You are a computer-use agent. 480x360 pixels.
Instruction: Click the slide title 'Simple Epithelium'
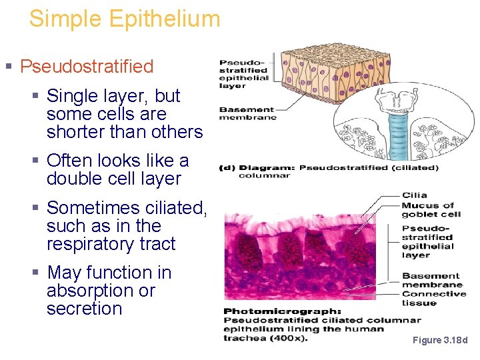124,19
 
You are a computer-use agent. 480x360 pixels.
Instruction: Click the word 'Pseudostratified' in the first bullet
87,67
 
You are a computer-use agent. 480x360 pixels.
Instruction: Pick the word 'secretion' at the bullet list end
85,309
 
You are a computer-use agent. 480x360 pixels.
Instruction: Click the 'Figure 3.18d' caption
439,340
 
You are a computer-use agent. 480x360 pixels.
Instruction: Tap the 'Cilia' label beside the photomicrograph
414,195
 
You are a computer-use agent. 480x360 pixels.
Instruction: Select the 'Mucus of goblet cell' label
431,210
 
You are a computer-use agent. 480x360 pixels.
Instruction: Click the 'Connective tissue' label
433,298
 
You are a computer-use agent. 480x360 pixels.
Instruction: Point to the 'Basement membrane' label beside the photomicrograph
430,280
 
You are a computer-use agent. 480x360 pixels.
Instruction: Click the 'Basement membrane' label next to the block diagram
247,113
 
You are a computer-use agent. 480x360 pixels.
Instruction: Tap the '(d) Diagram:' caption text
257,167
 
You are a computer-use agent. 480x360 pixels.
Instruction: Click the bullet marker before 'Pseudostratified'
9,67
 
